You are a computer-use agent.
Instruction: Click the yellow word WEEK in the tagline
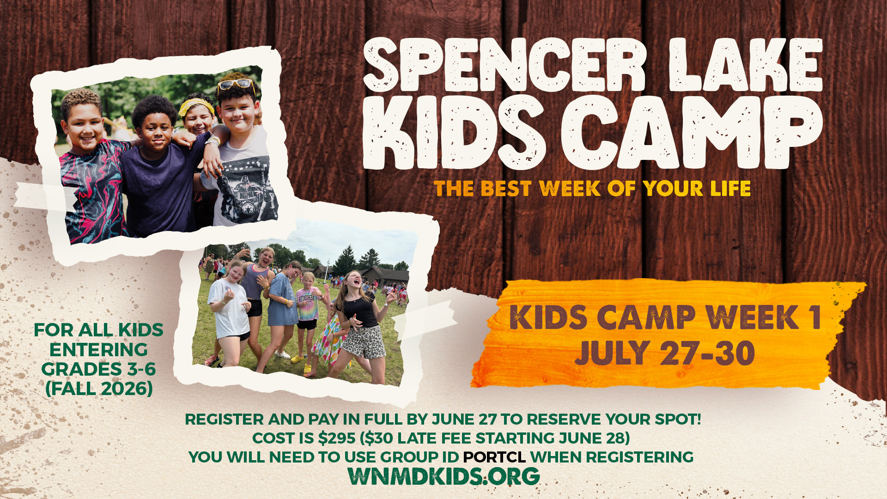click(570, 189)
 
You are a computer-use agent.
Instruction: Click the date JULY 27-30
click(665, 353)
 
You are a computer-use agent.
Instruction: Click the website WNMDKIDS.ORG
click(443, 476)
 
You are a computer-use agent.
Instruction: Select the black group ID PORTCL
click(494, 457)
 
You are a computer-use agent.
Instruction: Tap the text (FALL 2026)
click(99, 389)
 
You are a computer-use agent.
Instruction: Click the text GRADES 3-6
click(98, 369)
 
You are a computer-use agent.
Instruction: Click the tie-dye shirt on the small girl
click(307, 304)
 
